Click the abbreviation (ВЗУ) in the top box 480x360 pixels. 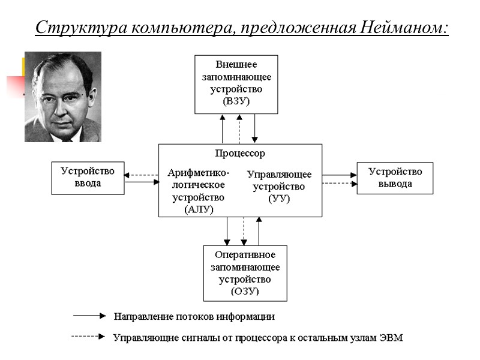tap(236, 101)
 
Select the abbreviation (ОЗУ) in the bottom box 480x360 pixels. tap(245, 291)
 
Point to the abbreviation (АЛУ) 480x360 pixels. tap(198, 209)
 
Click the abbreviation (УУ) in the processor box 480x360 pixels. tap(278, 199)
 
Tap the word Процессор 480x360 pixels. tap(240, 154)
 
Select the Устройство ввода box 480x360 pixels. tap(88, 178)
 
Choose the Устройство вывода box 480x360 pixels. tap(395, 178)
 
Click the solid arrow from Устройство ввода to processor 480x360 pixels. tap(142, 182)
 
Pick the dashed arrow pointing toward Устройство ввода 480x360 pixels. tap(142, 175)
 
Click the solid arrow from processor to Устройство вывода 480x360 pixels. tap(340, 175)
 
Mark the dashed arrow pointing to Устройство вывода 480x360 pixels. tap(340, 182)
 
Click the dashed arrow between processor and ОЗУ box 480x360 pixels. tap(244, 231)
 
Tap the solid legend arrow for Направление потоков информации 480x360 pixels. tap(89, 315)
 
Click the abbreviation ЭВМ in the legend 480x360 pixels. tap(391, 338)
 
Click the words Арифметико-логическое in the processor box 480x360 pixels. tap(198, 179)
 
